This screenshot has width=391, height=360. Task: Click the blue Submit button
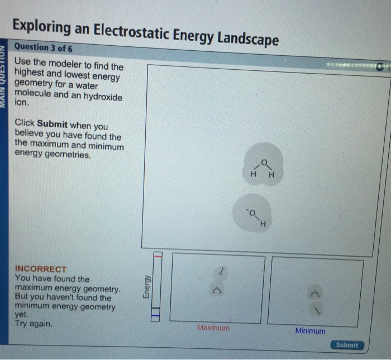pyautogui.click(x=347, y=345)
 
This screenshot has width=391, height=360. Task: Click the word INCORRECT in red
pyautogui.click(x=41, y=268)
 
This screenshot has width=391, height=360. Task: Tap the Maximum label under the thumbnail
pyautogui.click(x=213, y=328)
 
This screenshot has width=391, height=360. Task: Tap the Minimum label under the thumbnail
pyautogui.click(x=310, y=331)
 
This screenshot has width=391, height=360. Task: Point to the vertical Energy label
pyautogui.click(x=146, y=287)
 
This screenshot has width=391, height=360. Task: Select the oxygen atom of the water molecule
pyautogui.click(x=265, y=162)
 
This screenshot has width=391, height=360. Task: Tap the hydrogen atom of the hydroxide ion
pyautogui.click(x=263, y=225)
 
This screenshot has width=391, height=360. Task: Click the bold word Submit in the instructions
pyautogui.click(x=52, y=125)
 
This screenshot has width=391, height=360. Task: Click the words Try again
pyautogui.click(x=34, y=324)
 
